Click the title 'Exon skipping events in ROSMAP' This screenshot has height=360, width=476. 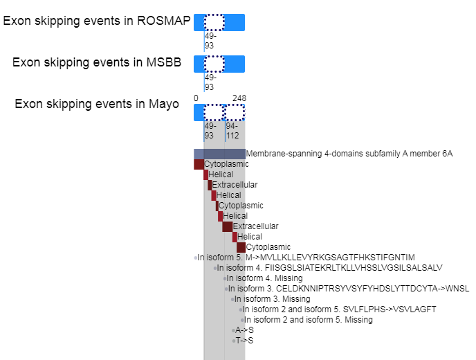click(x=97, y=21)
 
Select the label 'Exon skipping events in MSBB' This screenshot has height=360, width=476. click(x=97, y=62)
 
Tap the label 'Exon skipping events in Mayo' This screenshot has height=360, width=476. click(x=97, y=104)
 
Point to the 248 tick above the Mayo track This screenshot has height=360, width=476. click(x=239, y=98)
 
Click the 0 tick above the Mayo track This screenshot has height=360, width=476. click(x=196, y=98)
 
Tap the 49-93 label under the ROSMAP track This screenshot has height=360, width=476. click(x=210, y=41)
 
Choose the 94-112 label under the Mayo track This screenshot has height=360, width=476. click(x=232, y=131)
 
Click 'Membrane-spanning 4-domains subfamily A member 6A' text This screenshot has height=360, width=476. click(x=349, y=154)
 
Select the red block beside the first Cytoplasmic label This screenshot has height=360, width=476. click(x=199, y=164)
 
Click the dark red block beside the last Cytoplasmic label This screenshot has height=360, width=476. click(x=241, y=247)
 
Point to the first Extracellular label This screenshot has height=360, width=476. click(x=235, y=185)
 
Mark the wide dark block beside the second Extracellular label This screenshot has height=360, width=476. click(x=228, y=226)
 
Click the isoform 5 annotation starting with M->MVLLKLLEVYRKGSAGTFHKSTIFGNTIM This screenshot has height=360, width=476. click(x=306, y=258)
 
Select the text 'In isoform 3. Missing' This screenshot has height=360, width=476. click(x=272, y=299)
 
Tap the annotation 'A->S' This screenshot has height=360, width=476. click(x=244, y=330)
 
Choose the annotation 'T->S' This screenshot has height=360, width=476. click(x=244, y=341)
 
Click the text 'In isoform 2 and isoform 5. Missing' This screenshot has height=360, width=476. click(x=308, y=320)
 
